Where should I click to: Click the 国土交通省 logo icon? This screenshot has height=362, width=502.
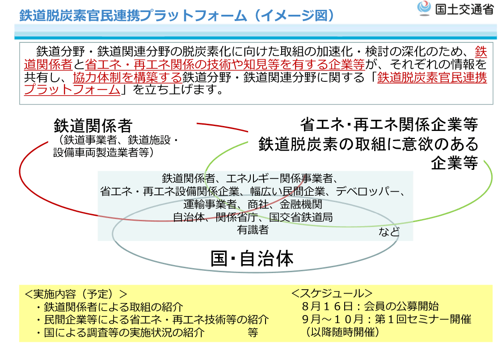424,8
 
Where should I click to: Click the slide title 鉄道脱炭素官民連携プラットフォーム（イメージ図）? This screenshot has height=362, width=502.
177,15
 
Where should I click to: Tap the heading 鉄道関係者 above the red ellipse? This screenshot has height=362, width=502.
93,126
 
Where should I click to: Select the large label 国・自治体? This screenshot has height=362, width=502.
252,259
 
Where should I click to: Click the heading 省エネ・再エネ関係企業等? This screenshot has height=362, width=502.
389,125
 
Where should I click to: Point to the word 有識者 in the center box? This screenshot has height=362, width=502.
253,230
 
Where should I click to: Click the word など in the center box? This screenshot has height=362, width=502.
389,232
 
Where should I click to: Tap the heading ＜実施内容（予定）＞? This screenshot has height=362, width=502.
76,294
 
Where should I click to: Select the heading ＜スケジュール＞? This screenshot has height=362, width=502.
332,293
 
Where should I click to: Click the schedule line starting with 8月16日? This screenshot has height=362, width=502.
370,306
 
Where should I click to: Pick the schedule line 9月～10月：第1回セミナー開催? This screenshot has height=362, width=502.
386,319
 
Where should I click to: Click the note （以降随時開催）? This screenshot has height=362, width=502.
342,332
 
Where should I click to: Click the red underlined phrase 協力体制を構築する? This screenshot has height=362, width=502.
127,77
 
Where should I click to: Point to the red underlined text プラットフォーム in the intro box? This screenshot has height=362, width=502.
72,89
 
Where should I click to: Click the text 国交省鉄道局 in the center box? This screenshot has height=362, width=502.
301,217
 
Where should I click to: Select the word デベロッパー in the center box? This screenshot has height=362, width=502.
367,191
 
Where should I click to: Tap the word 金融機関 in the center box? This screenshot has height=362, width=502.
301,204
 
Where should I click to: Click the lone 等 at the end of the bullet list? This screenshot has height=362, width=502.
253,333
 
